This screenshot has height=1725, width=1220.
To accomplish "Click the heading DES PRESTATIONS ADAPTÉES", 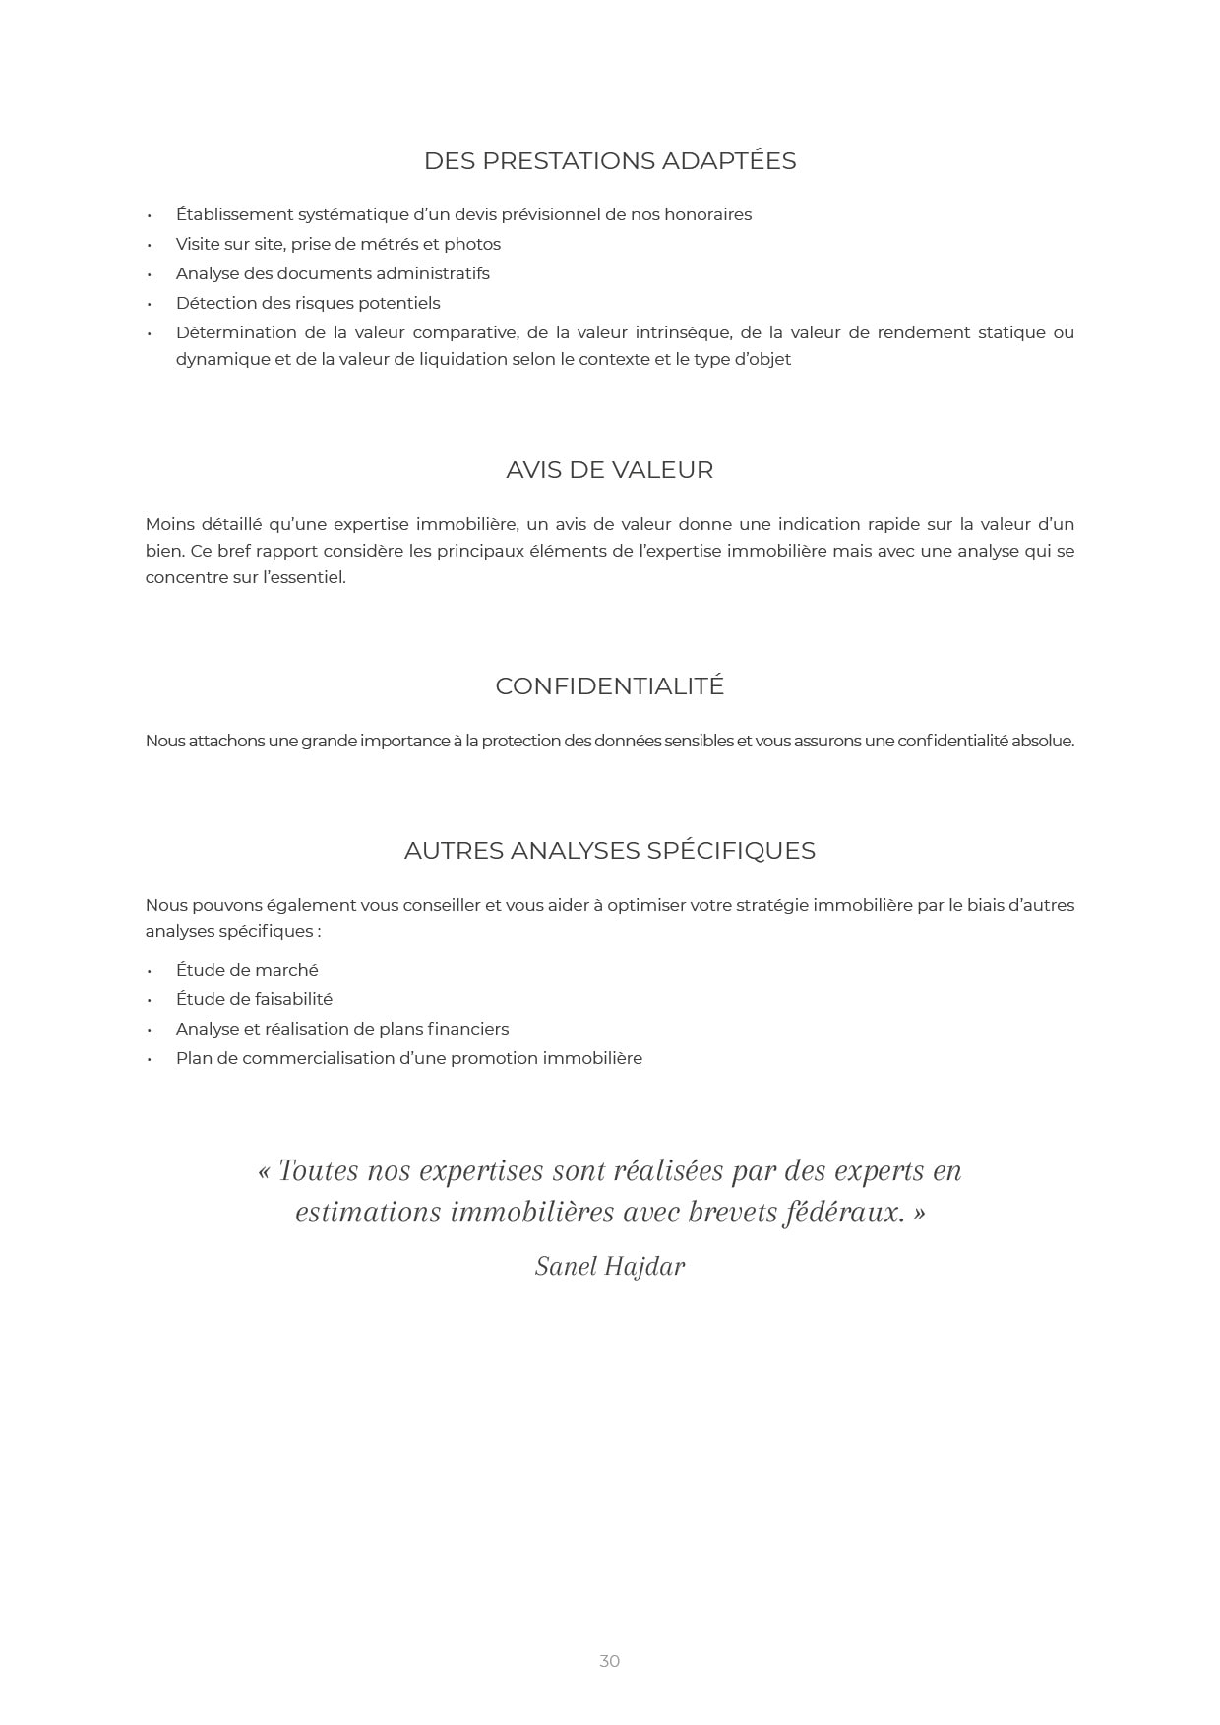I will (x=609, y=161).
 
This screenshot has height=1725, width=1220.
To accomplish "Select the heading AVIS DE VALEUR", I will (x=609, y=470).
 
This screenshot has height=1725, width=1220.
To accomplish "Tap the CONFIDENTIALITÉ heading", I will (x=609, y=686).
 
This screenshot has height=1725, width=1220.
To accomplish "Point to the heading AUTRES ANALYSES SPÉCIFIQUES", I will (x=609, y=851).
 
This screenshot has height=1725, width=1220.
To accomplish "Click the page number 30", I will (x=609, y=1661).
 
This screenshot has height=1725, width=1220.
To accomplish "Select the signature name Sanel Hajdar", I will (x=609, y=1267).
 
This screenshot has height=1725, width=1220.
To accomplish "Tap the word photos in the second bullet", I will (x=472, y=244).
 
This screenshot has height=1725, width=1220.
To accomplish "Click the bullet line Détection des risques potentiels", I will (x=308, y=303).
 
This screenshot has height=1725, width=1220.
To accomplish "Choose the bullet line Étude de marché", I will (x=247, y=970).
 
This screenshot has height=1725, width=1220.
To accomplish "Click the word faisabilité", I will (x=293, y=999).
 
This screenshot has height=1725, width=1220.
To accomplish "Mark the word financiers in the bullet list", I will (x=467, y=1029).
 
